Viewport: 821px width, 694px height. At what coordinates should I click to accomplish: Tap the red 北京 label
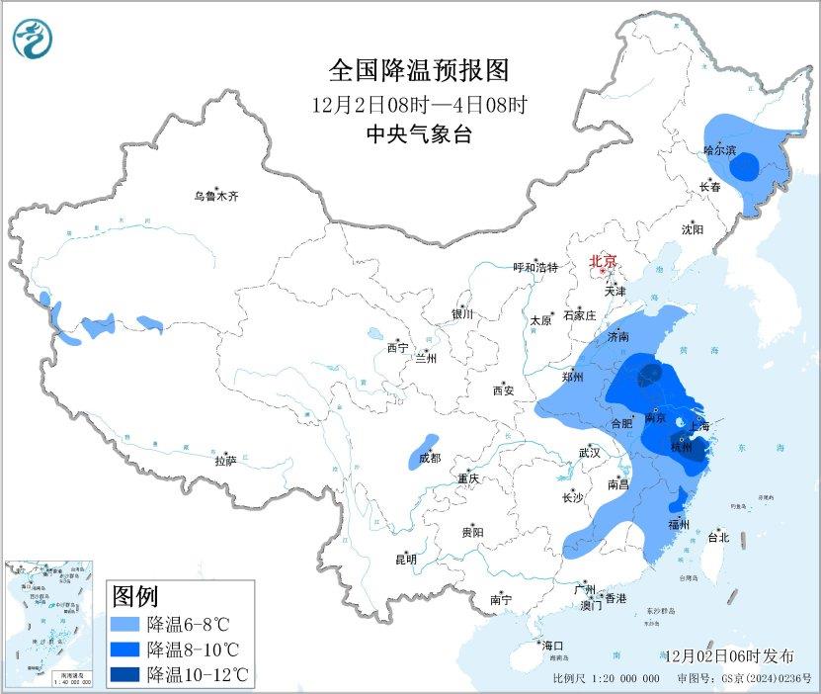603,261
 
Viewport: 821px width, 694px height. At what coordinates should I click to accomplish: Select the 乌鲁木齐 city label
215,196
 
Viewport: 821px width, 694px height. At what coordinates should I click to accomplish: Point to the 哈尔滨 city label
720,151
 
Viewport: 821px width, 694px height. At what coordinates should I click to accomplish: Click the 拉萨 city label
225,460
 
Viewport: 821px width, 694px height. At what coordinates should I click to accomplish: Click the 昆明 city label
406,559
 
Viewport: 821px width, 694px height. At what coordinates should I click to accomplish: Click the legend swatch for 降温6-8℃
125,625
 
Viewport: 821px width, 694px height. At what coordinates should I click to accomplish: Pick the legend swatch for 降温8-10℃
125,650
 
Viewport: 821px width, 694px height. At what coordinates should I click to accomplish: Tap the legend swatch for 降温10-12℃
125,675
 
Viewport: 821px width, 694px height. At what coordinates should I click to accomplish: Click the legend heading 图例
135,596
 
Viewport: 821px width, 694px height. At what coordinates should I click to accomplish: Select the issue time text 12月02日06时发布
729,656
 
